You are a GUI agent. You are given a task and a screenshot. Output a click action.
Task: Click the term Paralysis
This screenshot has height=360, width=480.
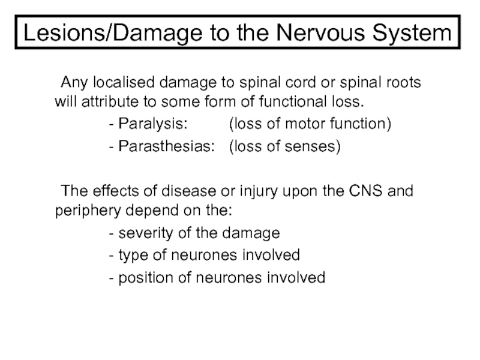(152, 124)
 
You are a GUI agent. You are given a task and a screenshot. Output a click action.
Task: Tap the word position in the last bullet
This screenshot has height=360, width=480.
(142, 277)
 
